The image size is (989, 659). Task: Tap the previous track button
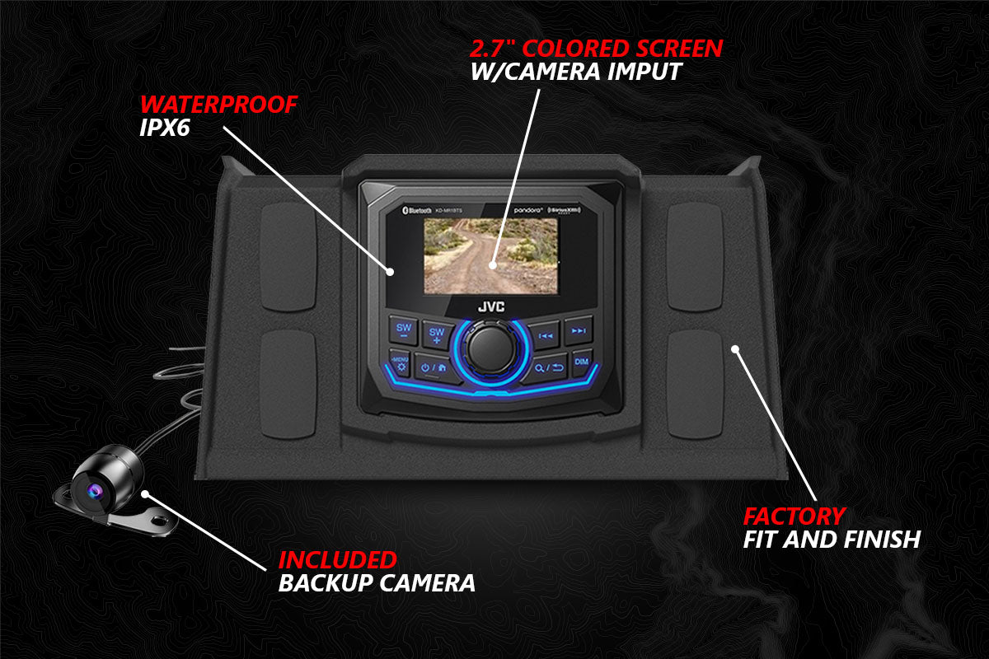[545, 333]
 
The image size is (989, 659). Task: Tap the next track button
[579, 331]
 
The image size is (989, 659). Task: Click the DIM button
[582, 362]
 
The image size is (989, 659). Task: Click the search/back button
[547, 367]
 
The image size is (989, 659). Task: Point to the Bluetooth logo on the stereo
[418, 212]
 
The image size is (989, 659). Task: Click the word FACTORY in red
[794, 516]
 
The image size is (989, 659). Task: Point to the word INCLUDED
[337, 560]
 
